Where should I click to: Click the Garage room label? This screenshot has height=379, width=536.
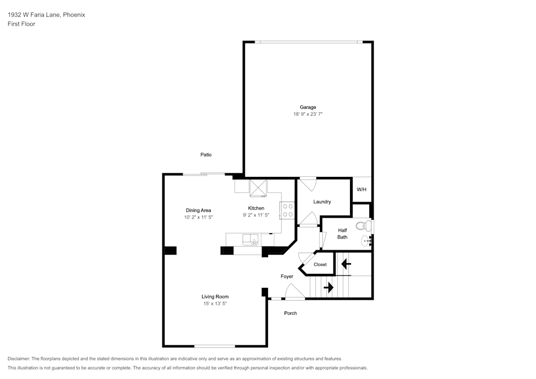click(x=308, y=107)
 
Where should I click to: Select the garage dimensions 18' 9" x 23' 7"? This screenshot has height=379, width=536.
click(x=308, y=114)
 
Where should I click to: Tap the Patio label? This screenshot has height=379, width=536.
click(x=206, y=155)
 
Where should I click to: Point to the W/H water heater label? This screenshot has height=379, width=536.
click(x=361, y=189)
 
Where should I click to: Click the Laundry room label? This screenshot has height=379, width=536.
click(x=322, y=202)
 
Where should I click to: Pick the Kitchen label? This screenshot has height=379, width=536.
click(x=256, y=208)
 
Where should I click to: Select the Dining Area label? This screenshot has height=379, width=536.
click(x=198, y=211)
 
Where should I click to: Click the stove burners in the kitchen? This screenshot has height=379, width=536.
click(x=287, y=211)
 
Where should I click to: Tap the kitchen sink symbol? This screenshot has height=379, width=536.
click(x=251, y=240)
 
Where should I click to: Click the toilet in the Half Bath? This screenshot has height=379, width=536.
click(x=364, y=226)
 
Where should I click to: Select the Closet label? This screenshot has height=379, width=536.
click(x=320, y=264)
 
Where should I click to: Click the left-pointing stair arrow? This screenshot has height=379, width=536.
click(x=346, y=264)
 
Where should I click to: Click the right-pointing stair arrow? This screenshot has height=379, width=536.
click(x=329, y=287)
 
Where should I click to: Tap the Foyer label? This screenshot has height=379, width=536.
click(x=287, y=277)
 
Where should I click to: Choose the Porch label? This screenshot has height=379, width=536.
click(x=291, y=313)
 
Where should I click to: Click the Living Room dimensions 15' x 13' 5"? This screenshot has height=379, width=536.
click(x=215, y=303)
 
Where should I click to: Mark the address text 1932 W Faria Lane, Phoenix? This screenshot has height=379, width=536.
click(x=47, y=14)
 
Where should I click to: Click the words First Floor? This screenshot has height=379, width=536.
click(x=21, y=24)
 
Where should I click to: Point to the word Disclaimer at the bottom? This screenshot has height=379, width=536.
click(x=19, y=359)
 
